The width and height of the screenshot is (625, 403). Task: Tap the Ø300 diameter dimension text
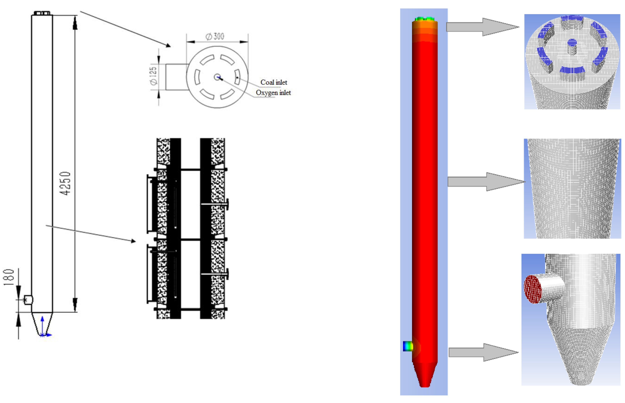click(215, 36)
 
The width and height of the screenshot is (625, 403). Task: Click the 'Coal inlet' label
click(274, 82)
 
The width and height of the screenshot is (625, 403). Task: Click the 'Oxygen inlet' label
click(273, 93)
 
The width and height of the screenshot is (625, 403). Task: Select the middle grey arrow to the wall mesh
click(485, 182)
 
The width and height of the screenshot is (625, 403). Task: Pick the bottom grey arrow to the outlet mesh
click(483, 352)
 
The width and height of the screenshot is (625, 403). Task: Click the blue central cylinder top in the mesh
click(572, 42)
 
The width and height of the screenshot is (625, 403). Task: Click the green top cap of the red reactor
click(425, 19)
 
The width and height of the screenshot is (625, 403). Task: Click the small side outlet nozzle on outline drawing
click(28, 300)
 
